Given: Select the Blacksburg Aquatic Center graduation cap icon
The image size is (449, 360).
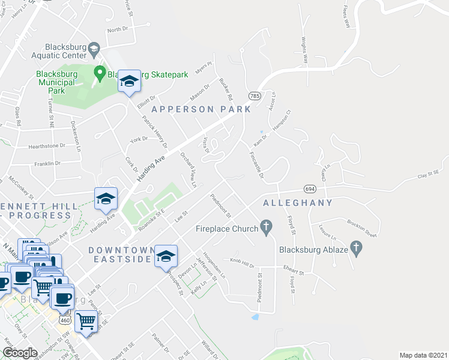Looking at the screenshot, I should (94, 48).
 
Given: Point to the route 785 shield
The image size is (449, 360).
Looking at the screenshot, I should (254, 95).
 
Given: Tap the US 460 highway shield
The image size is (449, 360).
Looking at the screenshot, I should (65, 320).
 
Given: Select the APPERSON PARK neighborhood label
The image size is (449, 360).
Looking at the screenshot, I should (200, 109).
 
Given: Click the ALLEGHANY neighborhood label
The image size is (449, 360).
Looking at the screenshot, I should (298, 203).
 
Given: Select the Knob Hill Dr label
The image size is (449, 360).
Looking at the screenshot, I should (243, 263).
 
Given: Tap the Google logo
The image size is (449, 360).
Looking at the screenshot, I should (20, 353).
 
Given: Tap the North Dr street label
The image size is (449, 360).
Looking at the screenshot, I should (117, 29).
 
